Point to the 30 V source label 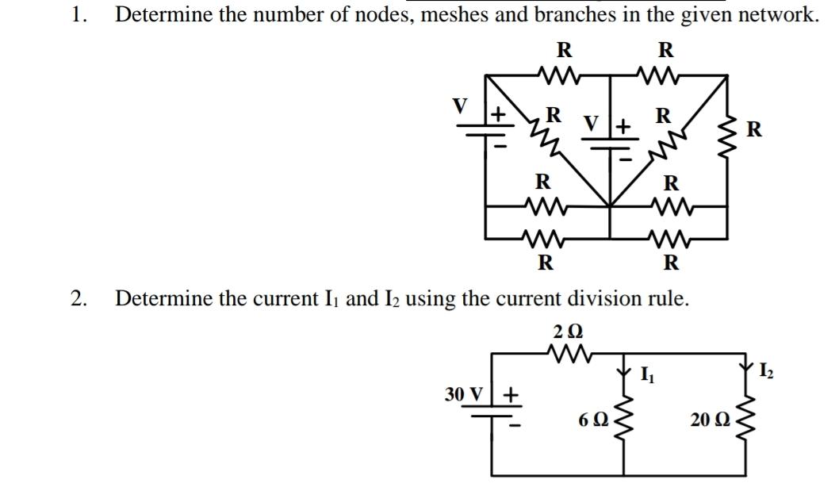465,393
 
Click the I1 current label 648,373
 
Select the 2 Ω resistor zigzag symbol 566,351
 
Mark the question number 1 77,15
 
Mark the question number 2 77,298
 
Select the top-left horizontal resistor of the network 563,76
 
